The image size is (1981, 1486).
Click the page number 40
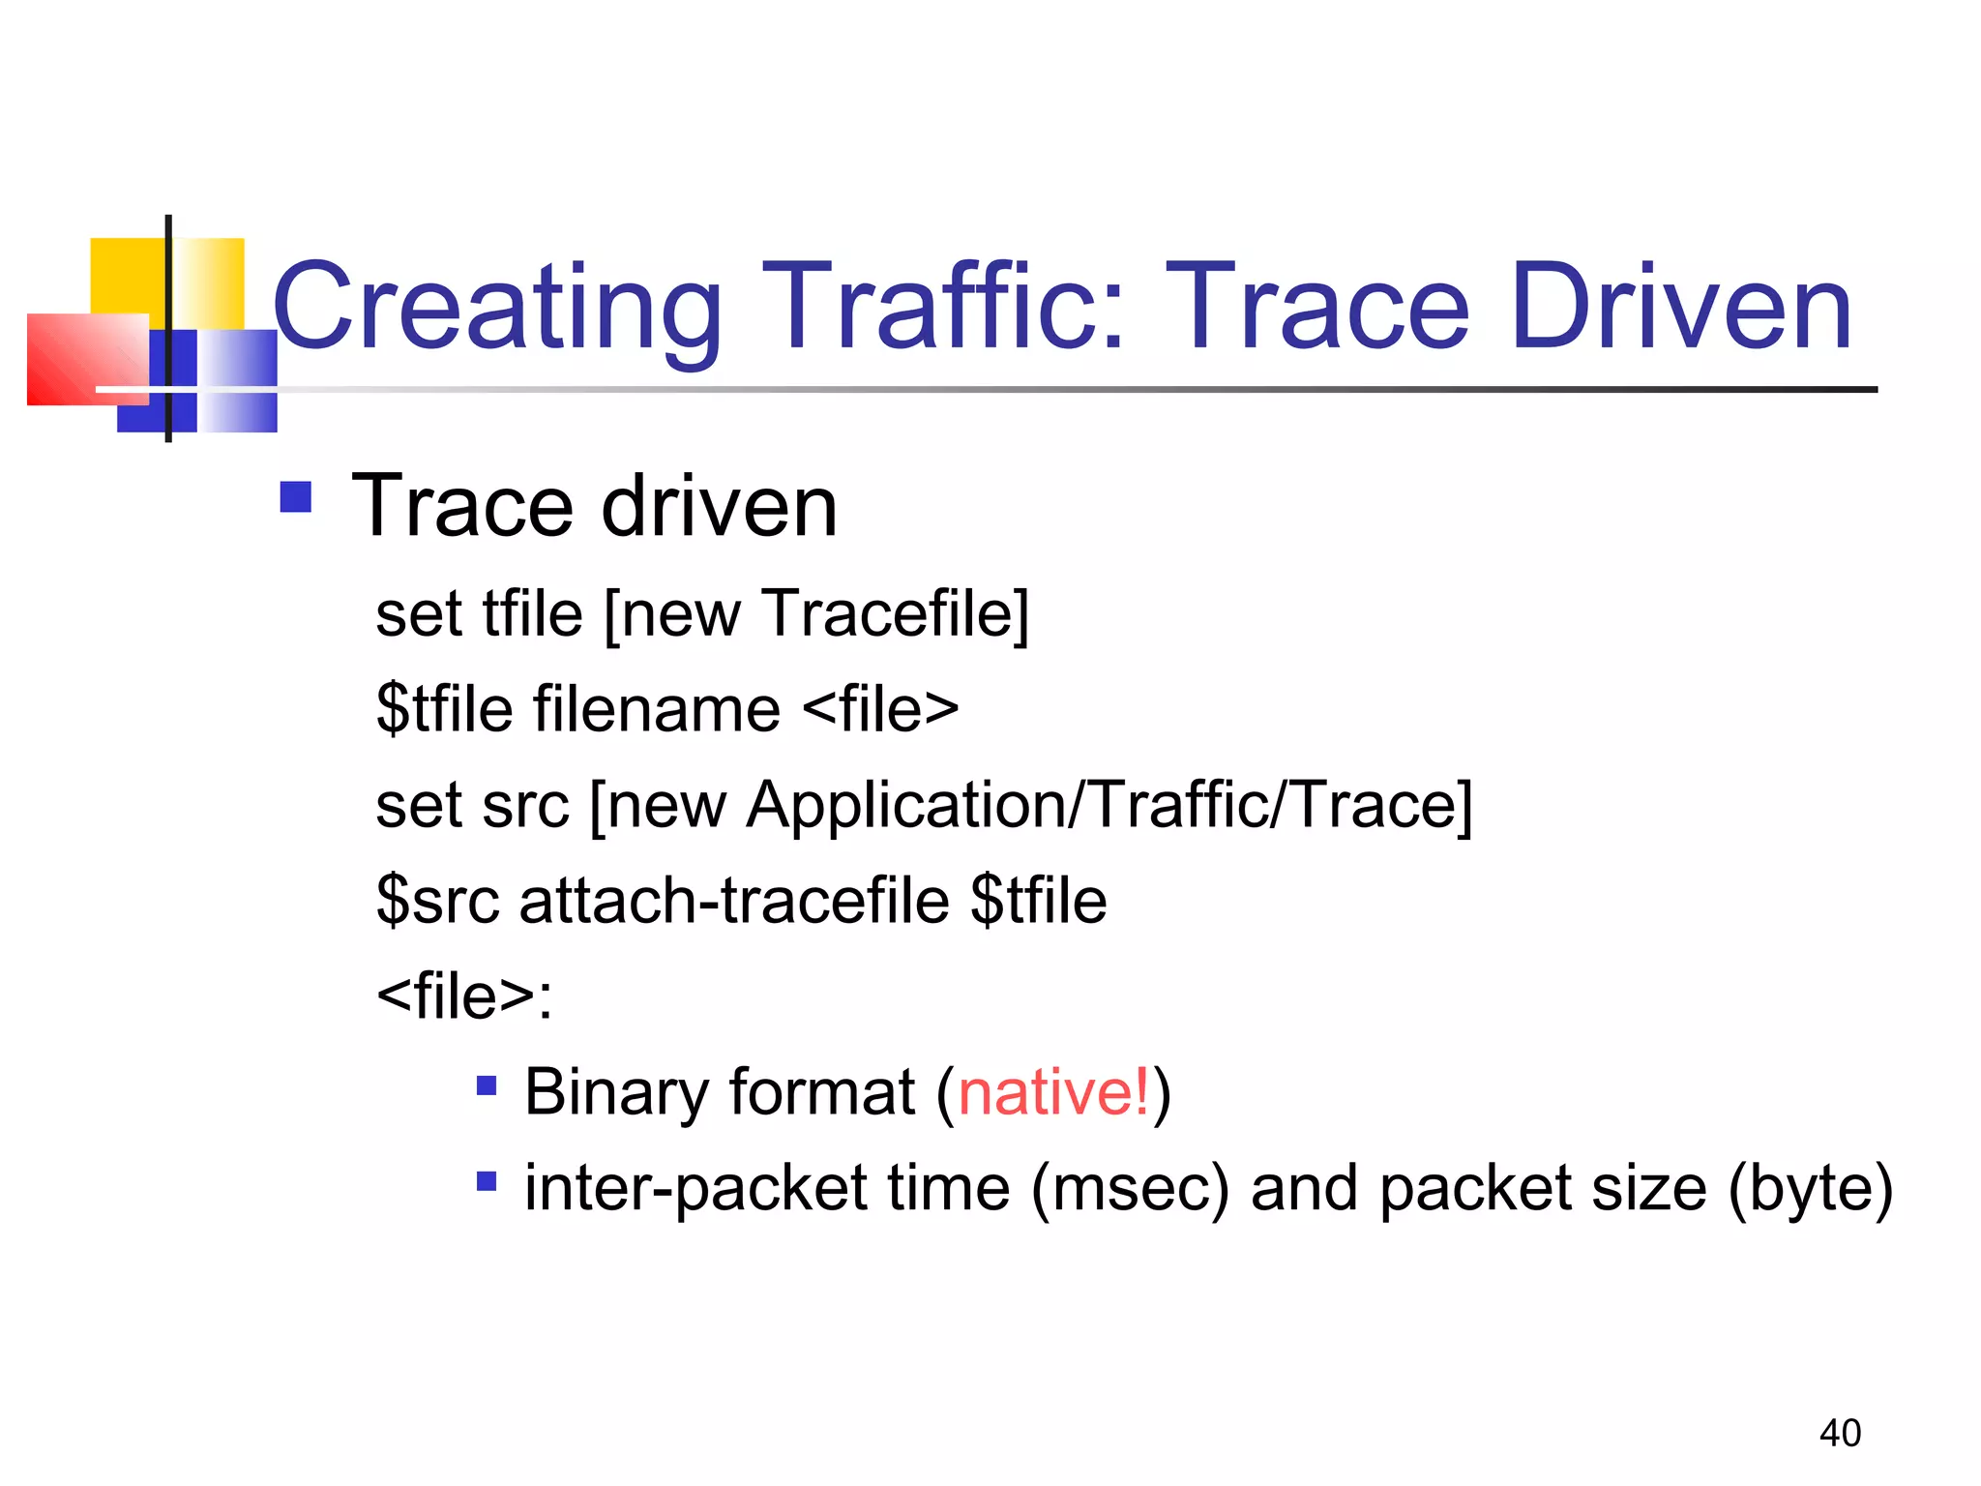point(1839,1433)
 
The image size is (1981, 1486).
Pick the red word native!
point(1053,1092)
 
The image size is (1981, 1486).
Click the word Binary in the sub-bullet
point(616,1092)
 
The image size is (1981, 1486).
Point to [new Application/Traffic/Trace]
point(1030,805)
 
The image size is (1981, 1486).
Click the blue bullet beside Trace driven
point(295,497)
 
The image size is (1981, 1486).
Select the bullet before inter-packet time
point(487,1180)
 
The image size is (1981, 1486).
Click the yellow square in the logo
point(126,276)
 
